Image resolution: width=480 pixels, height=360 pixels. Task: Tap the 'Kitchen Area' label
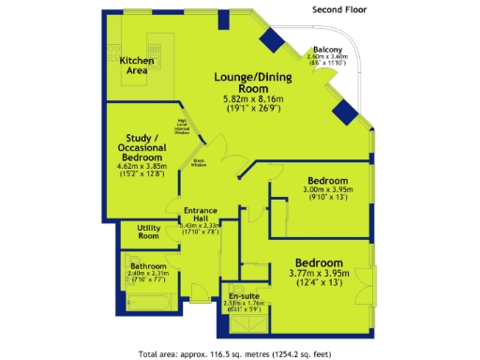point(137,65)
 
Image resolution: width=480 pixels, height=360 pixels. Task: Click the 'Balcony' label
point(327,49)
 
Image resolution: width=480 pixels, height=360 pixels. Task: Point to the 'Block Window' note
point(200,161)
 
